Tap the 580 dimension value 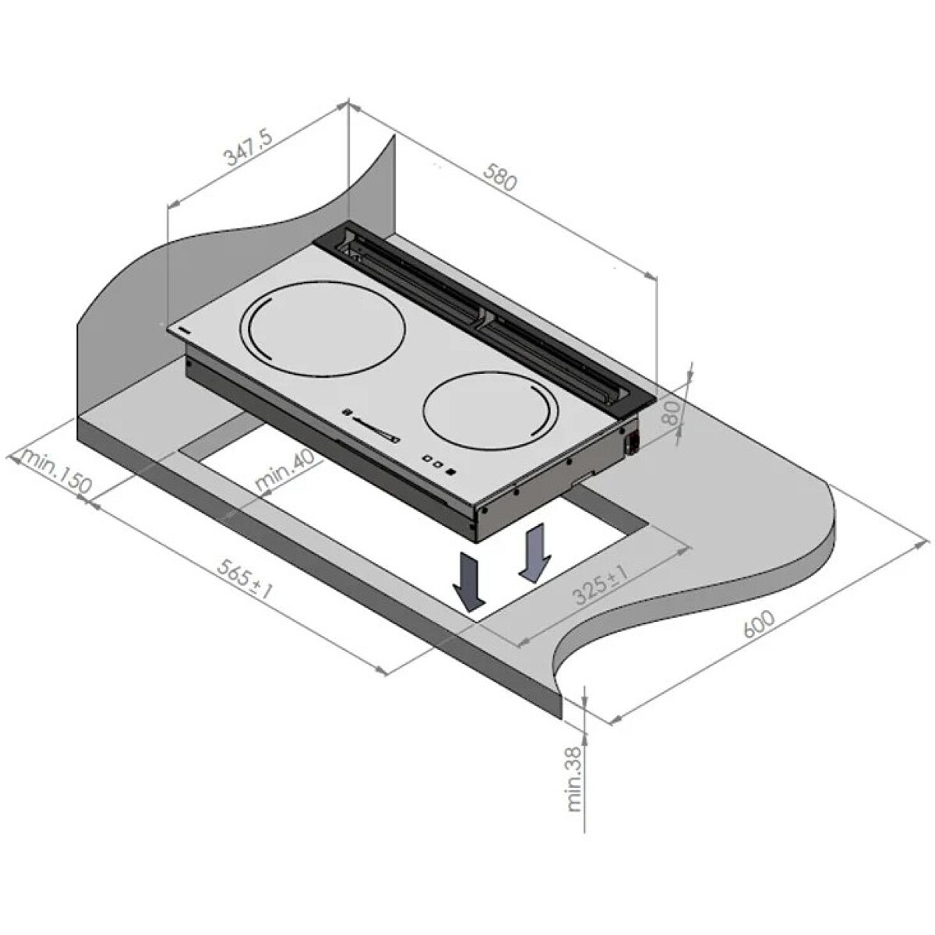(501, 177)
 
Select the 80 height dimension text (672, 412)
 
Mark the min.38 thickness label (574, 782)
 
